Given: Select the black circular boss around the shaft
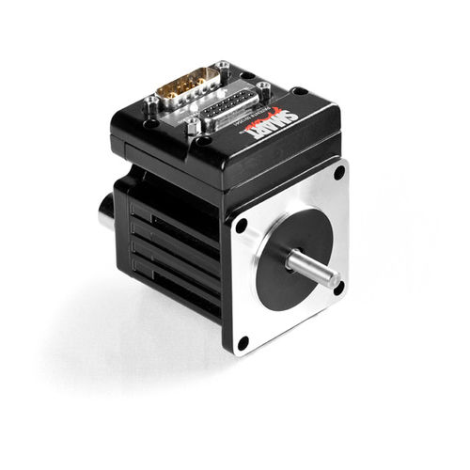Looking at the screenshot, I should pos(289,257).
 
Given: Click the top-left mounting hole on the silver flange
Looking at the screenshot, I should pos(242,225).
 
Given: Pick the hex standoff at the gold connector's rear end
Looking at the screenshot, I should pos(222,67).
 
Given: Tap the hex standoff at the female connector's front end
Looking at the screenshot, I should pos(192,126).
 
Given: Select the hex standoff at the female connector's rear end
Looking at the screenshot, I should pos(262,89).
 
